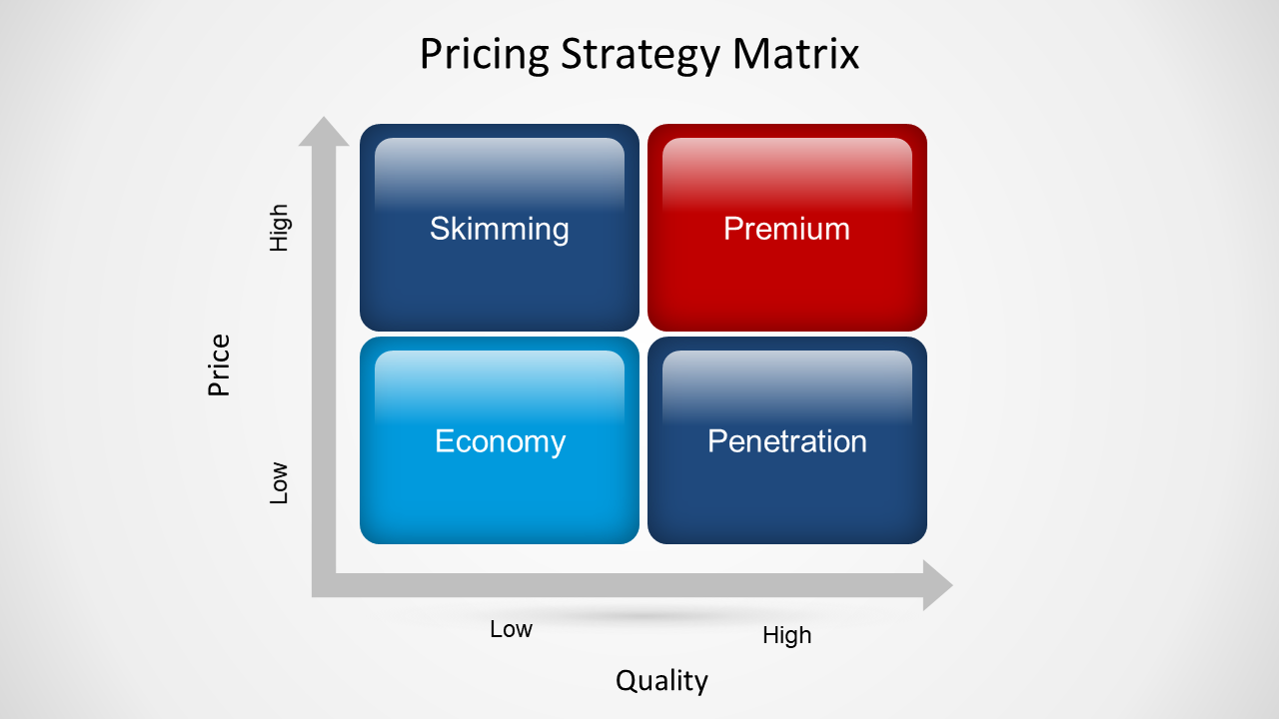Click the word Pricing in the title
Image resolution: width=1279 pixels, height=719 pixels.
485,55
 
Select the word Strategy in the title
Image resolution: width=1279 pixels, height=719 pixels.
640,55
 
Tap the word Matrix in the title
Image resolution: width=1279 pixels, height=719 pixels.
795,54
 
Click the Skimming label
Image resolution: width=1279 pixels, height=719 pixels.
500,230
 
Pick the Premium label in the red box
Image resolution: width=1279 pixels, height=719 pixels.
786,229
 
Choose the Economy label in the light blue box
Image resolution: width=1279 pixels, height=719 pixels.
501,441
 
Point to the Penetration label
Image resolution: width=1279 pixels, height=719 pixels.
787,441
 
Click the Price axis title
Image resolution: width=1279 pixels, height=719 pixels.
219,365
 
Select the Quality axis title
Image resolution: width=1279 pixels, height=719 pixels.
661,681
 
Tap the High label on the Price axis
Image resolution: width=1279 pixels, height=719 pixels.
279,228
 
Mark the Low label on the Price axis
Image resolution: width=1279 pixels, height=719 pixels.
279,482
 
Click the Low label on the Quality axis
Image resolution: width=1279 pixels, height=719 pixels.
511,629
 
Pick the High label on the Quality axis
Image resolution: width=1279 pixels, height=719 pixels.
786,635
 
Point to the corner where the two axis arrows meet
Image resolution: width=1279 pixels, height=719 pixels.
324,585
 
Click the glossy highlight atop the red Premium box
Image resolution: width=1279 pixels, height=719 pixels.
786,174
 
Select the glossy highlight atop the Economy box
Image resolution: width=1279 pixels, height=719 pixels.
500,386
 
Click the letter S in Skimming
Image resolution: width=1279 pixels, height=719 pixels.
441,229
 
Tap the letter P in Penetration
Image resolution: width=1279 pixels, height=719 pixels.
717,441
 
